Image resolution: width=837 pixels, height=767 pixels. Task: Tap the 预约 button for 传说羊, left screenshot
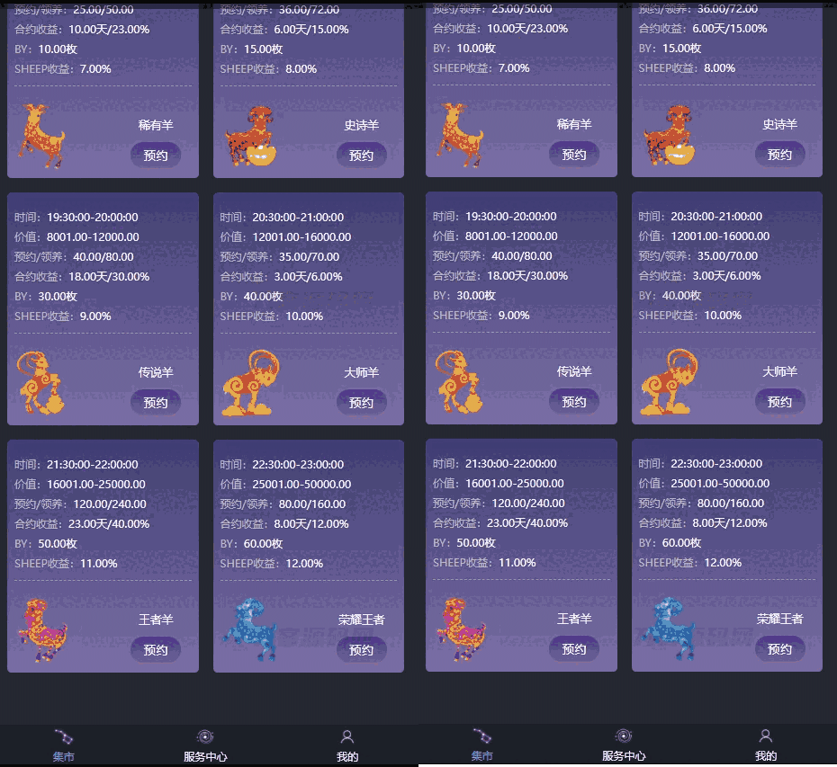[x=156, y=402]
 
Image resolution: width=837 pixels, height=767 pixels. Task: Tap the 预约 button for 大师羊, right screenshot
[x=779, y=402]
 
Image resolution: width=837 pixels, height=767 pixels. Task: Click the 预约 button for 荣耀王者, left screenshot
[x=361, y=649]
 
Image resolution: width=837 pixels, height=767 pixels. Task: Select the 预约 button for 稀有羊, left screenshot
[x=156, y=155]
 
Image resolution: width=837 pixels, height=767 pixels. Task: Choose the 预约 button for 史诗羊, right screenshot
[x=779, y=155]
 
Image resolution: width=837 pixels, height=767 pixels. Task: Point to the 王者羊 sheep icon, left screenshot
[x=42, y=629]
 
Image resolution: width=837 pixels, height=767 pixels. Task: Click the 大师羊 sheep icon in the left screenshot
[x=249, y=383]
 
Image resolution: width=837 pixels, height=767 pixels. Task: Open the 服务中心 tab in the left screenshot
[x=206, y=745]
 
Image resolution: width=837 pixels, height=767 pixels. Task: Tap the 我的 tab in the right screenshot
[x=766, y=745]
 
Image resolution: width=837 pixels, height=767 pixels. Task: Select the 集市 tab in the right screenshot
[x=482, y=745]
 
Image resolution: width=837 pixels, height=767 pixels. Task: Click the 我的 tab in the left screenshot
[x=347, y=745]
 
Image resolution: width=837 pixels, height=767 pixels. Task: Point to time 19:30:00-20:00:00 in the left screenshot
[x=76, y=218]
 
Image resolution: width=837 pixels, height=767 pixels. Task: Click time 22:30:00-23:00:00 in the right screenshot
[x=700, y=464]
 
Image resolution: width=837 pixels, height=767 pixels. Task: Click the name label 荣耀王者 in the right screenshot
[x=779, y=619]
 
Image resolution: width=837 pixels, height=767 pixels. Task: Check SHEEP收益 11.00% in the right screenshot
[x=484, y=563]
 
